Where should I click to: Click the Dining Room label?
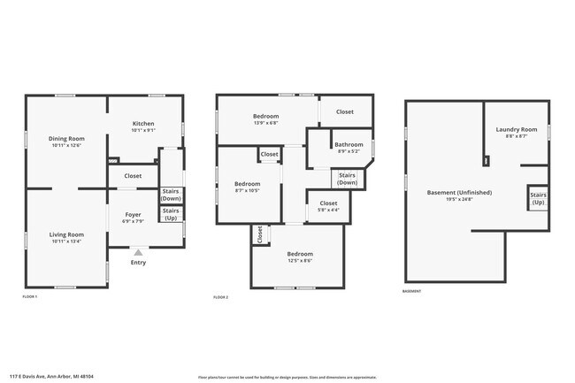coord(66,138)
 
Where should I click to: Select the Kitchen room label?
coord(144,124)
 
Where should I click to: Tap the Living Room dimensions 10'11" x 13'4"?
coord(66,240)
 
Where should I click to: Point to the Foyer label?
coord(133,215)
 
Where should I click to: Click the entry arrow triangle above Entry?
coord(137,253)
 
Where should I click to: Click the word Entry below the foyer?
coord(138,263)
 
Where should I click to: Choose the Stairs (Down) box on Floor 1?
coord(171,195)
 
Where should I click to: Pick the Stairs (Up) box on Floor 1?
coord(171,213)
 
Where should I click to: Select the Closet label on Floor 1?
coord(133,176)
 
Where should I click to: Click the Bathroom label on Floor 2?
coord(348,144)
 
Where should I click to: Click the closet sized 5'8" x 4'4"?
coord(327,205)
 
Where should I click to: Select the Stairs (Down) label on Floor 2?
coord(348,179)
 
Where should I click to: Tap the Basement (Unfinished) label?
coord(459,192)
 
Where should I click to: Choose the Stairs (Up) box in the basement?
coord(537,199)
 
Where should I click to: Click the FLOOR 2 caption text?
coord(221,297)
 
